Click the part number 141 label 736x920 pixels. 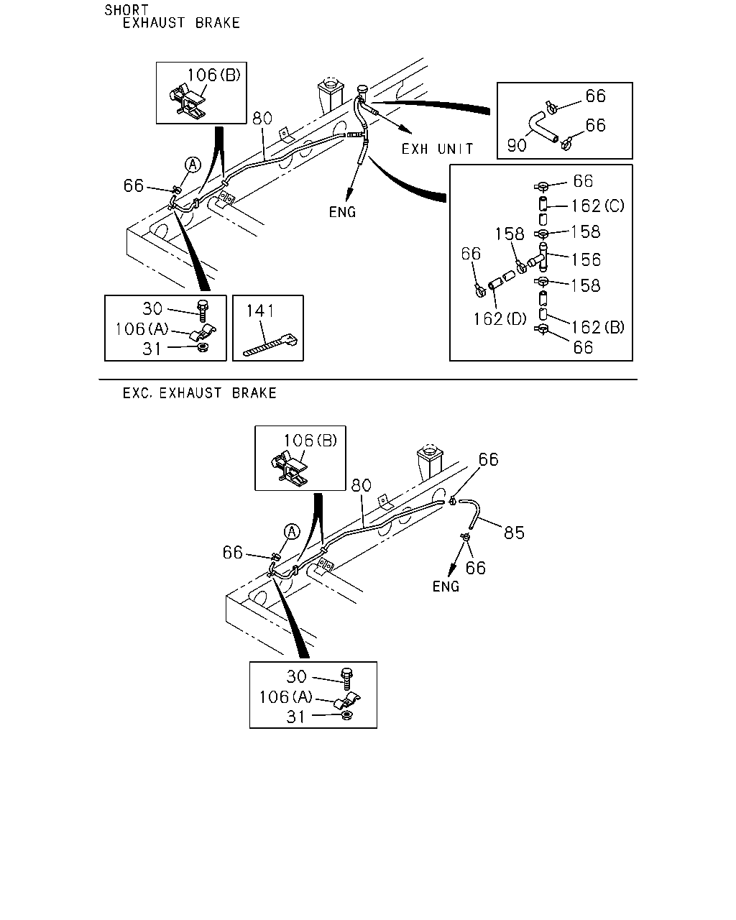(x=260, y=310)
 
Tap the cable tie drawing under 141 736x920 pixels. (x=270, y=345)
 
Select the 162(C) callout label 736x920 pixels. (x=597, y=206)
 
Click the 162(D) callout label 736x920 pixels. (x=500, y=319)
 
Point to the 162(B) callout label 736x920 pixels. (x=597, y=328)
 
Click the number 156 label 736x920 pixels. (x=586, y=260)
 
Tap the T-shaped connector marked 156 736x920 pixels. (x=538, y=257)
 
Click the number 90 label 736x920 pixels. (x=517, y=146)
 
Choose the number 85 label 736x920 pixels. (x=514, y=533)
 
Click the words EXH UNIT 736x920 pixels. (x=437, y=149)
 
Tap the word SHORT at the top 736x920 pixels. (x=126, y=10)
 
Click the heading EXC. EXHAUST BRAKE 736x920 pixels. (x=199, y=393)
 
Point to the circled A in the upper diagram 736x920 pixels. (x=193, y=165)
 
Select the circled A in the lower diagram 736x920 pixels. (x=292, y=532)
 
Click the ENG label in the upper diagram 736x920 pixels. (x=342, y=212)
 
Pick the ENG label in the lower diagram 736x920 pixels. (x=446, y=586)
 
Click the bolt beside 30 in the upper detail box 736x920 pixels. (x=202, y=310)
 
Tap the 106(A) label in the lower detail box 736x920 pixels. (x=286, y=697)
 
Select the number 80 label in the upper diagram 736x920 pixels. (x=262, y=119)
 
